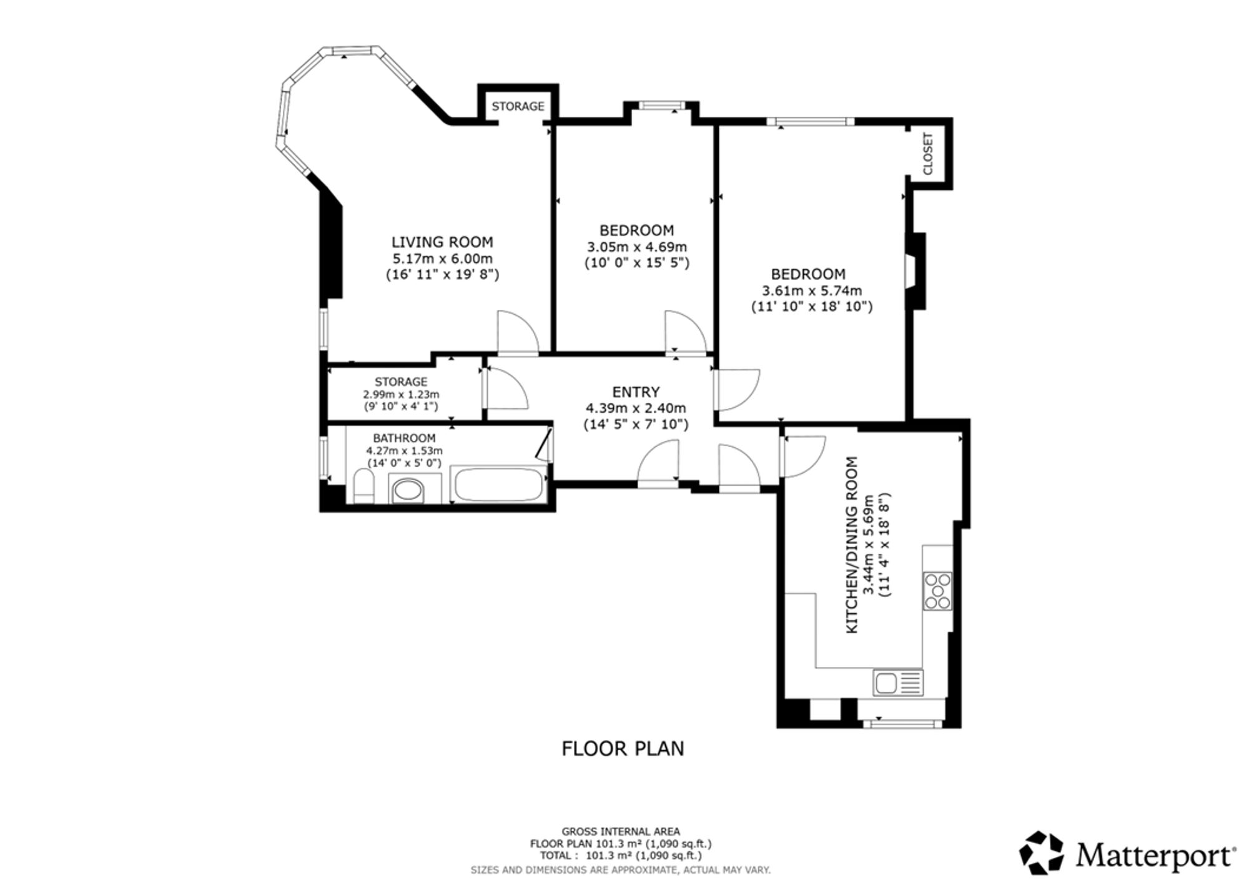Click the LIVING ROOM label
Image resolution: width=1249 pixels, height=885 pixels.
tap(442, 242)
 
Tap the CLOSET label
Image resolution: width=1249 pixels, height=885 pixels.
tap(927, 154)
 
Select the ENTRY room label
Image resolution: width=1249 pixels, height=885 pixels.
tap(636, 392)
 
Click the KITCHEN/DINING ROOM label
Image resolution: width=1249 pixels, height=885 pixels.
tap(852, 545)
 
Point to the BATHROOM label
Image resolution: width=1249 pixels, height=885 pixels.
tap(404, 438)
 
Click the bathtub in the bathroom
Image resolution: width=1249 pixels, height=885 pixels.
tap(499, 485)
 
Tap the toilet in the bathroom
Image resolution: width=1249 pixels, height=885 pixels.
tap(363, 487)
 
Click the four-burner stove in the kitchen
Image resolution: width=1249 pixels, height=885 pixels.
tap(937, 591)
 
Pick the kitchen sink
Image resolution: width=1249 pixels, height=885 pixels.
tap(898, 683)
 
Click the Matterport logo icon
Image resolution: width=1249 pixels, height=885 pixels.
tap(1041, 853)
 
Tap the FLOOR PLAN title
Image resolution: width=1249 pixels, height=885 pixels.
tap(623, 748)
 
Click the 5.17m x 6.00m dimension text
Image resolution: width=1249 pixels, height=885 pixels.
tap(442, 258)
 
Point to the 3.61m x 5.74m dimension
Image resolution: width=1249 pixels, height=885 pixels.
tap(812, 290)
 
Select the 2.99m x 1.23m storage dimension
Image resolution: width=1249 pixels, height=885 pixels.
tap(401, 395)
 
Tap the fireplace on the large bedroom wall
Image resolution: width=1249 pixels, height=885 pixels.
tap(915, 271)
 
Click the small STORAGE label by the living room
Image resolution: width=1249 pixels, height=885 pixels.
tap(518, 107)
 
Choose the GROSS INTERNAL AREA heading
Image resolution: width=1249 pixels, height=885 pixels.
tap(621, 831)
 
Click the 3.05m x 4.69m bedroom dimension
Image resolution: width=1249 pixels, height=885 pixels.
tap(637, 247)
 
